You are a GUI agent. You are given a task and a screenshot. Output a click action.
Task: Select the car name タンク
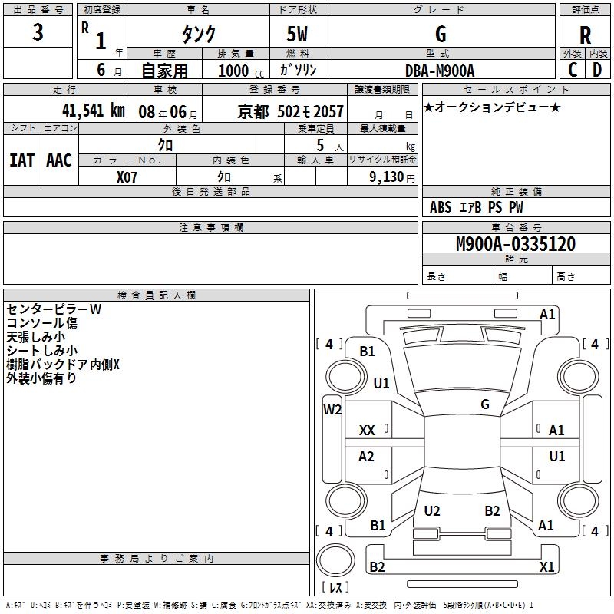pos(198,35)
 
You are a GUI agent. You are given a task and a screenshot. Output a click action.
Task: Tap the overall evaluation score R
pos(585,35)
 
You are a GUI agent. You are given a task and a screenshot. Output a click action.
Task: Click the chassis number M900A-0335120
pos(515,244)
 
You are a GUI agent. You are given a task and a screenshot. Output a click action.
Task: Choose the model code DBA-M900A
pos(440,71)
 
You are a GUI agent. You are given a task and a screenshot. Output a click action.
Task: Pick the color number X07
pos(127,177)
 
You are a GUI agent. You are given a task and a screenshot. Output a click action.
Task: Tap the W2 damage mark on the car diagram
pos(332,410)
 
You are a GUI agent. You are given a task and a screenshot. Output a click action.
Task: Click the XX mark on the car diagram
pos(367,431)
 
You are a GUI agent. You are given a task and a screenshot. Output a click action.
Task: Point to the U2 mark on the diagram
pos(432,511)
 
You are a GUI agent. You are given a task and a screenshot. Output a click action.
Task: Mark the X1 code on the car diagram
pos(546,567)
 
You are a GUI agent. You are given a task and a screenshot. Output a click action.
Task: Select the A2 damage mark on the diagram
pos(367,457)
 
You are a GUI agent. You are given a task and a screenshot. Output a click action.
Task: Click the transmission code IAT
pos(21,160)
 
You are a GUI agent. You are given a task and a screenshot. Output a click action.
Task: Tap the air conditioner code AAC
pos(59,160)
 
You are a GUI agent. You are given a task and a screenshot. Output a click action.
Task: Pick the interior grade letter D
pos(597,70)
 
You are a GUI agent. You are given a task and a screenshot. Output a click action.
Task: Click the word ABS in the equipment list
pos(441,207)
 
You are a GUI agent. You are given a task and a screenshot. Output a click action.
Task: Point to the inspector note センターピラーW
pos(54,309)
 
